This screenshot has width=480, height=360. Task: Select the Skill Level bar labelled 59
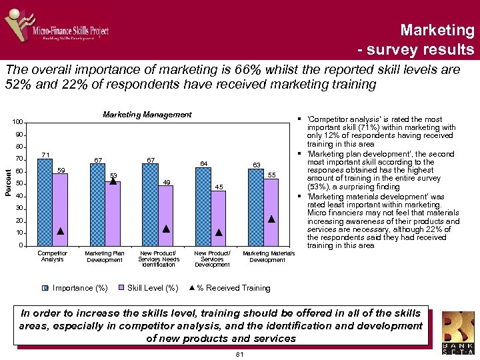[x=60, y=209]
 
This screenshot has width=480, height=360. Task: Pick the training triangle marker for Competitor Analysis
[x=60, y=231]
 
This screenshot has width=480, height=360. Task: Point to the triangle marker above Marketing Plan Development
[x=113, y=180]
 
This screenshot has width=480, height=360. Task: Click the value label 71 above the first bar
[x=45, y=155]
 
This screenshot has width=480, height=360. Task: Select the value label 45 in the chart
[x=219, y=187]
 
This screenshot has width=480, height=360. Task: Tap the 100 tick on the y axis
[x=17, y=122]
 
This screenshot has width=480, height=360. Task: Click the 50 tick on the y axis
[x=19, y=184]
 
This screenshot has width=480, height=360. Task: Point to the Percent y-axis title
[x=7, y=183]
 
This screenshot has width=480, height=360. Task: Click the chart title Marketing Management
[x=147, y=115]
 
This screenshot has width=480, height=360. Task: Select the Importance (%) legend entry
[x=75, y=288]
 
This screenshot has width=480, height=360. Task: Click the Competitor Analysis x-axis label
[x=52, y=256]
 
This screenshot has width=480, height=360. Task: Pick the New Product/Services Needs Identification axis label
[x=161, y=259]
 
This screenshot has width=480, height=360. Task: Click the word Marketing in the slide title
[x=437, y=30]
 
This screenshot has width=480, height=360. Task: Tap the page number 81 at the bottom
[x=240, y=355]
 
